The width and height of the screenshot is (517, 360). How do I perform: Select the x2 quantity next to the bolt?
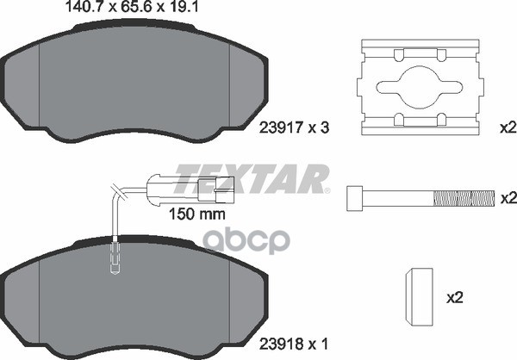(508, 198)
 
